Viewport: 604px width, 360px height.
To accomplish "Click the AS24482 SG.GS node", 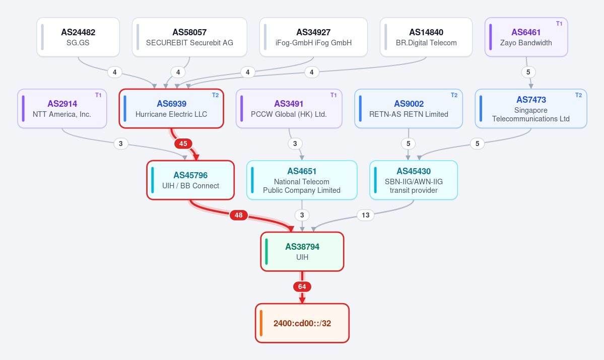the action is [78, 37].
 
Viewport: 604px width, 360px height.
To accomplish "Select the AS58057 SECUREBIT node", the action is [189, 37].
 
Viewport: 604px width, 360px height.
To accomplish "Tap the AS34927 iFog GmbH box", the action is [313, 37].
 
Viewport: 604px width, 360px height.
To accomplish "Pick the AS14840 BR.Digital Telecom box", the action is [426, 37].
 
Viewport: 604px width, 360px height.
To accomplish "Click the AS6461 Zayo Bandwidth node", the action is [526, 37].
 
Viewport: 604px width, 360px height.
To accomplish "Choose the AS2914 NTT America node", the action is [62, 109].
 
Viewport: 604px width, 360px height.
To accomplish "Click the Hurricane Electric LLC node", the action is [171, 109].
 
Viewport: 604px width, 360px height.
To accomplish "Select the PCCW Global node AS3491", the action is [289, 109].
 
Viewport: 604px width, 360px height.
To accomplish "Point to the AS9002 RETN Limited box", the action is [409, 109].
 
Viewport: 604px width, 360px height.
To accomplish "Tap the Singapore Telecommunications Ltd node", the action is [531, 109].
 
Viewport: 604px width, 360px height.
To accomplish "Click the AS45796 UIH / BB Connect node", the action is [191, 180].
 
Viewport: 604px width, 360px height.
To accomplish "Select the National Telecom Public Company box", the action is [302, 180].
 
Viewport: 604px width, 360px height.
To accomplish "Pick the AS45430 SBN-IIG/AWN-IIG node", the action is [414, 180].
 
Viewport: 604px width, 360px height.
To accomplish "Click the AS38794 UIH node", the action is [302, 252].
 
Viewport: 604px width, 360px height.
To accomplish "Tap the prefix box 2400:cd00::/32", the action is [302, 323].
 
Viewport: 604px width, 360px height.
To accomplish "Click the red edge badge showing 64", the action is [302, 287].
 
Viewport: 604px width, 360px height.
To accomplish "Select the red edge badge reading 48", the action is [239, 215].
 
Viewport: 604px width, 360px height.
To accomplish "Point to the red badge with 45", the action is [183, 143].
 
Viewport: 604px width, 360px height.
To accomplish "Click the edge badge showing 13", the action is [366, 215].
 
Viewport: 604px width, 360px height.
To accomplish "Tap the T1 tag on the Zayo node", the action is [559, 24].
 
